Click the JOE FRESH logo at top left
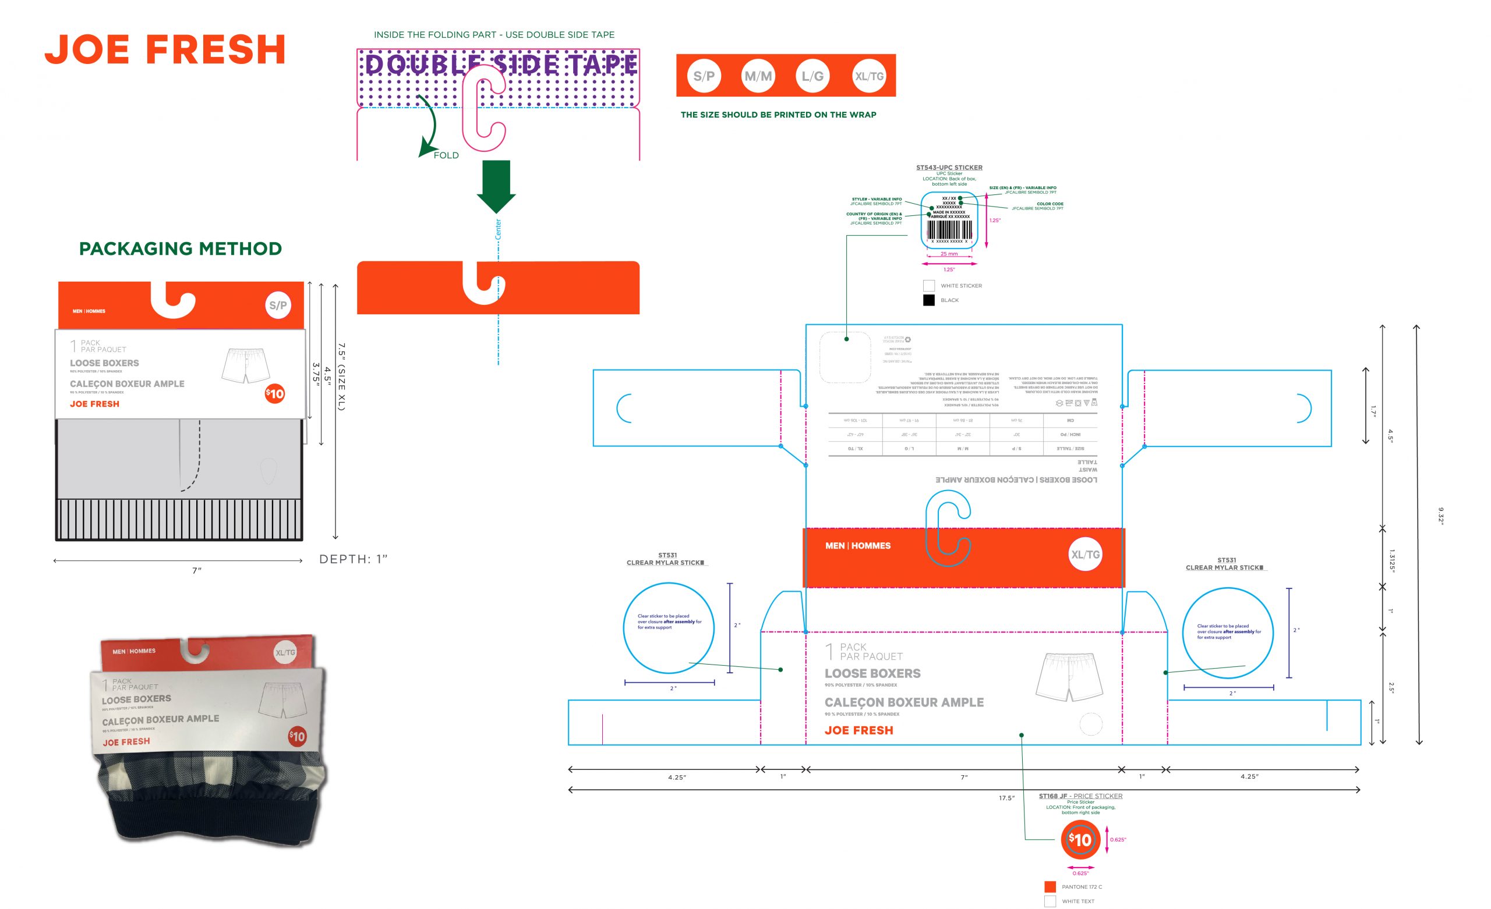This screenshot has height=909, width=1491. tap(165, 49)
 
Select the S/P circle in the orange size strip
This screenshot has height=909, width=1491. tap(704, 76)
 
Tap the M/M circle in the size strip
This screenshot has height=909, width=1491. tap(758, 76)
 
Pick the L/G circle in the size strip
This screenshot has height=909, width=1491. tap(812, 76)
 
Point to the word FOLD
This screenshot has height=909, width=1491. tap(446, 155)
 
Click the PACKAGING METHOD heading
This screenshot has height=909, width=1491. tap(181, 248)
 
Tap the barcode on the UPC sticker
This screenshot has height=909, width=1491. tap(949, 230)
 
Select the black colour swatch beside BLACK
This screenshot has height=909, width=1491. tap(929, 300)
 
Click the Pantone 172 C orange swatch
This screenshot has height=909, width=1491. tap(1050, 887)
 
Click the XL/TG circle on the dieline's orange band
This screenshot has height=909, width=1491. tap(1086, 555)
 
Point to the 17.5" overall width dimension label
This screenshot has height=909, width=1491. tap(1006, 798)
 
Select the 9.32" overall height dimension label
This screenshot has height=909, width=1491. tap(1441, 516)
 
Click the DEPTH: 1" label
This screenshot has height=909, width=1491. tap(354, 559)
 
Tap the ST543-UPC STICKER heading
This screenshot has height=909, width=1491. tap(949, 168)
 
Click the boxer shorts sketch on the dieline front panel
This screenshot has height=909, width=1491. tap(1069, 677)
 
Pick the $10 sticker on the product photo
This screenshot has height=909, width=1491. tap(297, 736)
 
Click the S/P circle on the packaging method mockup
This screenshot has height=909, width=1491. tap(278, 306)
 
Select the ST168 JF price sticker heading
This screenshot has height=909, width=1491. tap(1080, 796)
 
